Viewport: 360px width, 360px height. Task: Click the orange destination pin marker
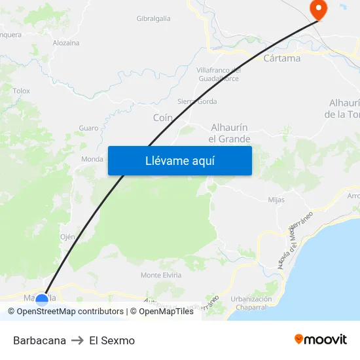318,9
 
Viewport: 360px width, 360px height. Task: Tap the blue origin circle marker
42,300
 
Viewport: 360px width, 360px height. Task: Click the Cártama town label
281,58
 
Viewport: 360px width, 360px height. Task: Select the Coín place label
162,117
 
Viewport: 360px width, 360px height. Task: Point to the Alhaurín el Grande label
229,133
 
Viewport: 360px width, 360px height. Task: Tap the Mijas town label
276,200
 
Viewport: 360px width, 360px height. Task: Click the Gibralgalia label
153,18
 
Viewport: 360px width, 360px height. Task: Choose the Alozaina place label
66,43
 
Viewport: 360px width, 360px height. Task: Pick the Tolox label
21,91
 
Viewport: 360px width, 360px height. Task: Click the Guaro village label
88,128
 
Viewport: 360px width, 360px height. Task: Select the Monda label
92,159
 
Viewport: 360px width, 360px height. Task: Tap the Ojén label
67,236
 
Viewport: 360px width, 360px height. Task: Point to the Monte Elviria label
161,275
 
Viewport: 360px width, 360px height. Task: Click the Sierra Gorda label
197,101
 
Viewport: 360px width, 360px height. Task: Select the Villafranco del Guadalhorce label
219,74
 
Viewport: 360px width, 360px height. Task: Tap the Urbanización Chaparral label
251,303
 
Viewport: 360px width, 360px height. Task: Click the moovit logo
320,339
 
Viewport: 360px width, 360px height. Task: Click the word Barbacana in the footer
39,340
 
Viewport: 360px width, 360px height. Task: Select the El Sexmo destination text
112,340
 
